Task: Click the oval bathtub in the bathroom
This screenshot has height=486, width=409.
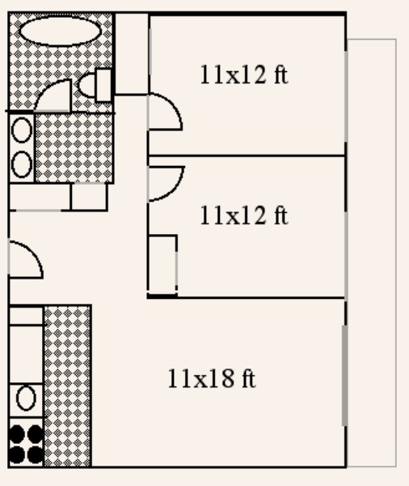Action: pos(61,32)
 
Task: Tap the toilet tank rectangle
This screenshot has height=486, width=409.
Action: pos(103,85)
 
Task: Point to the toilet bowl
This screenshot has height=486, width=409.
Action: pos(87,85)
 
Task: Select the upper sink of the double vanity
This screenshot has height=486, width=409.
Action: pos(22,130)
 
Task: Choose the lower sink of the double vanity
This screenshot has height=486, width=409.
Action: pos(22,164)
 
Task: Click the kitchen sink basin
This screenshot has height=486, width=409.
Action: pos(26,399)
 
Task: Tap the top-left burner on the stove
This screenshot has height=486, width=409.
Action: pos(17,433)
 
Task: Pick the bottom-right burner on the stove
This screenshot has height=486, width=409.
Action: pos(36,454)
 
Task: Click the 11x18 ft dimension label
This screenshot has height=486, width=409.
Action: pos(212,378)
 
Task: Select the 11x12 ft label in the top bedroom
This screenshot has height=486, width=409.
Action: pos(244,75)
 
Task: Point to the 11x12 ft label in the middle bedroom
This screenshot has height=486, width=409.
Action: pos(244,215)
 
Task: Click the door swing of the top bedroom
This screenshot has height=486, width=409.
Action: pos(174,105)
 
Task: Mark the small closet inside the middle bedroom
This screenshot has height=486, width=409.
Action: pos(162,266)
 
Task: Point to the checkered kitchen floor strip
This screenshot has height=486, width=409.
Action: pos(67,386)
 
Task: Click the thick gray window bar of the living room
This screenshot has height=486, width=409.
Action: pos(344,375)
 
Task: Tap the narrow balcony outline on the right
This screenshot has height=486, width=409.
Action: pos(396,253)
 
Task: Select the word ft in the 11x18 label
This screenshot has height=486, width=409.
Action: pos(249,378)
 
